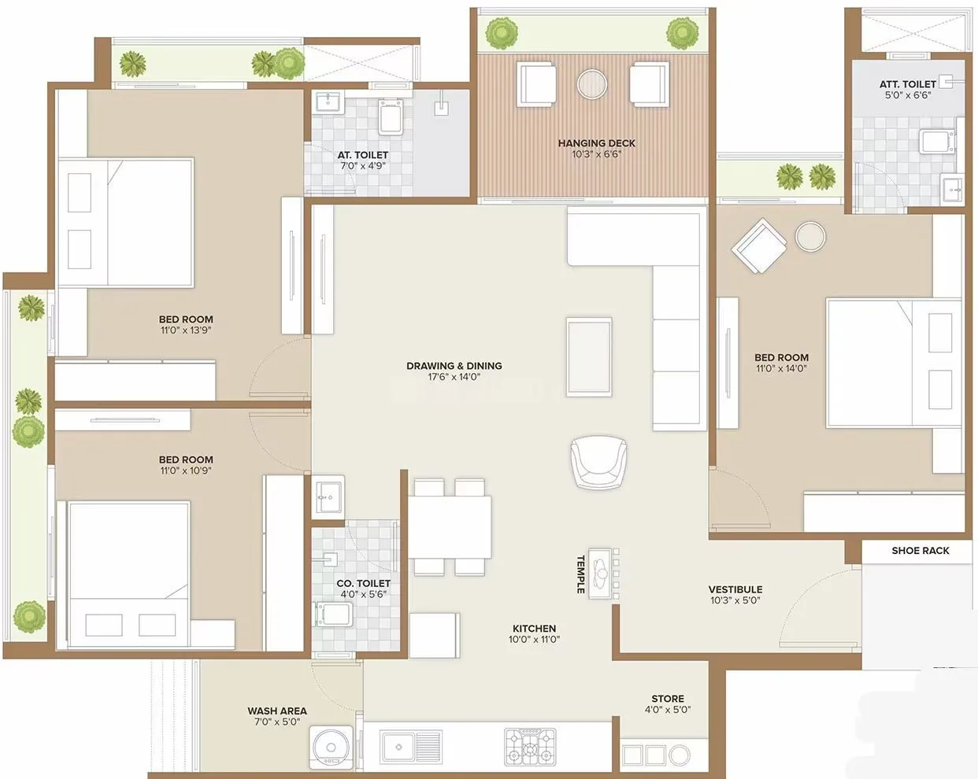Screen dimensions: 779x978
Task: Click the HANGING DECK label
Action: click(596, 143)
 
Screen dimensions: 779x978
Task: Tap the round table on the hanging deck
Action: click(592, 85)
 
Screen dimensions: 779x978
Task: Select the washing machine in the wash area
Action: click(330, 747)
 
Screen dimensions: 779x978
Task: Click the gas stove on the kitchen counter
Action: click(529, 746)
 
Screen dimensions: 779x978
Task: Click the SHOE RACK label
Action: click(920, 551)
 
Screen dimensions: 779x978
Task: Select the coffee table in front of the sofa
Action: click(589, 356)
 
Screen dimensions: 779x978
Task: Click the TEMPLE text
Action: click(580, 574)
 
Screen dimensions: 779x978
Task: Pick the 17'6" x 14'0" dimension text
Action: click(454, 377)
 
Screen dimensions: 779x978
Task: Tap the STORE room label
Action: click(667, 699)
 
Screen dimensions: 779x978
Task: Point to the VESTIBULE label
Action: click(735, 589)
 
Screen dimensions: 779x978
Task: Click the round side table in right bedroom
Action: click(809, 236)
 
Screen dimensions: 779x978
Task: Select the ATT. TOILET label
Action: click(907, 83)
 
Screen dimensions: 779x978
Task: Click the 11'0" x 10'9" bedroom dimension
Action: click(186, 471)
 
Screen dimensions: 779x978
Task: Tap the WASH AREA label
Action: click(277, 711)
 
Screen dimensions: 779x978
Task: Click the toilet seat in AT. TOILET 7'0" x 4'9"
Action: click(391, 118)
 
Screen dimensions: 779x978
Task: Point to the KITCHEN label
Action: click(534, 629)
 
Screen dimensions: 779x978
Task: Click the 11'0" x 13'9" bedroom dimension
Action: click(186, 330)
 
